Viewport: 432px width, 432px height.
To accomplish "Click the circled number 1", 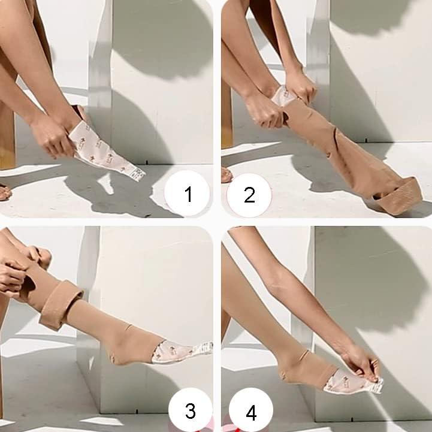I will point(188,194).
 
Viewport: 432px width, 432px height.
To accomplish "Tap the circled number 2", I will point(249,194).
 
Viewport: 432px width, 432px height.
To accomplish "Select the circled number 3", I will point(189,410).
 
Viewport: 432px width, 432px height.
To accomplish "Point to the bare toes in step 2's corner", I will point(226,176).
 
